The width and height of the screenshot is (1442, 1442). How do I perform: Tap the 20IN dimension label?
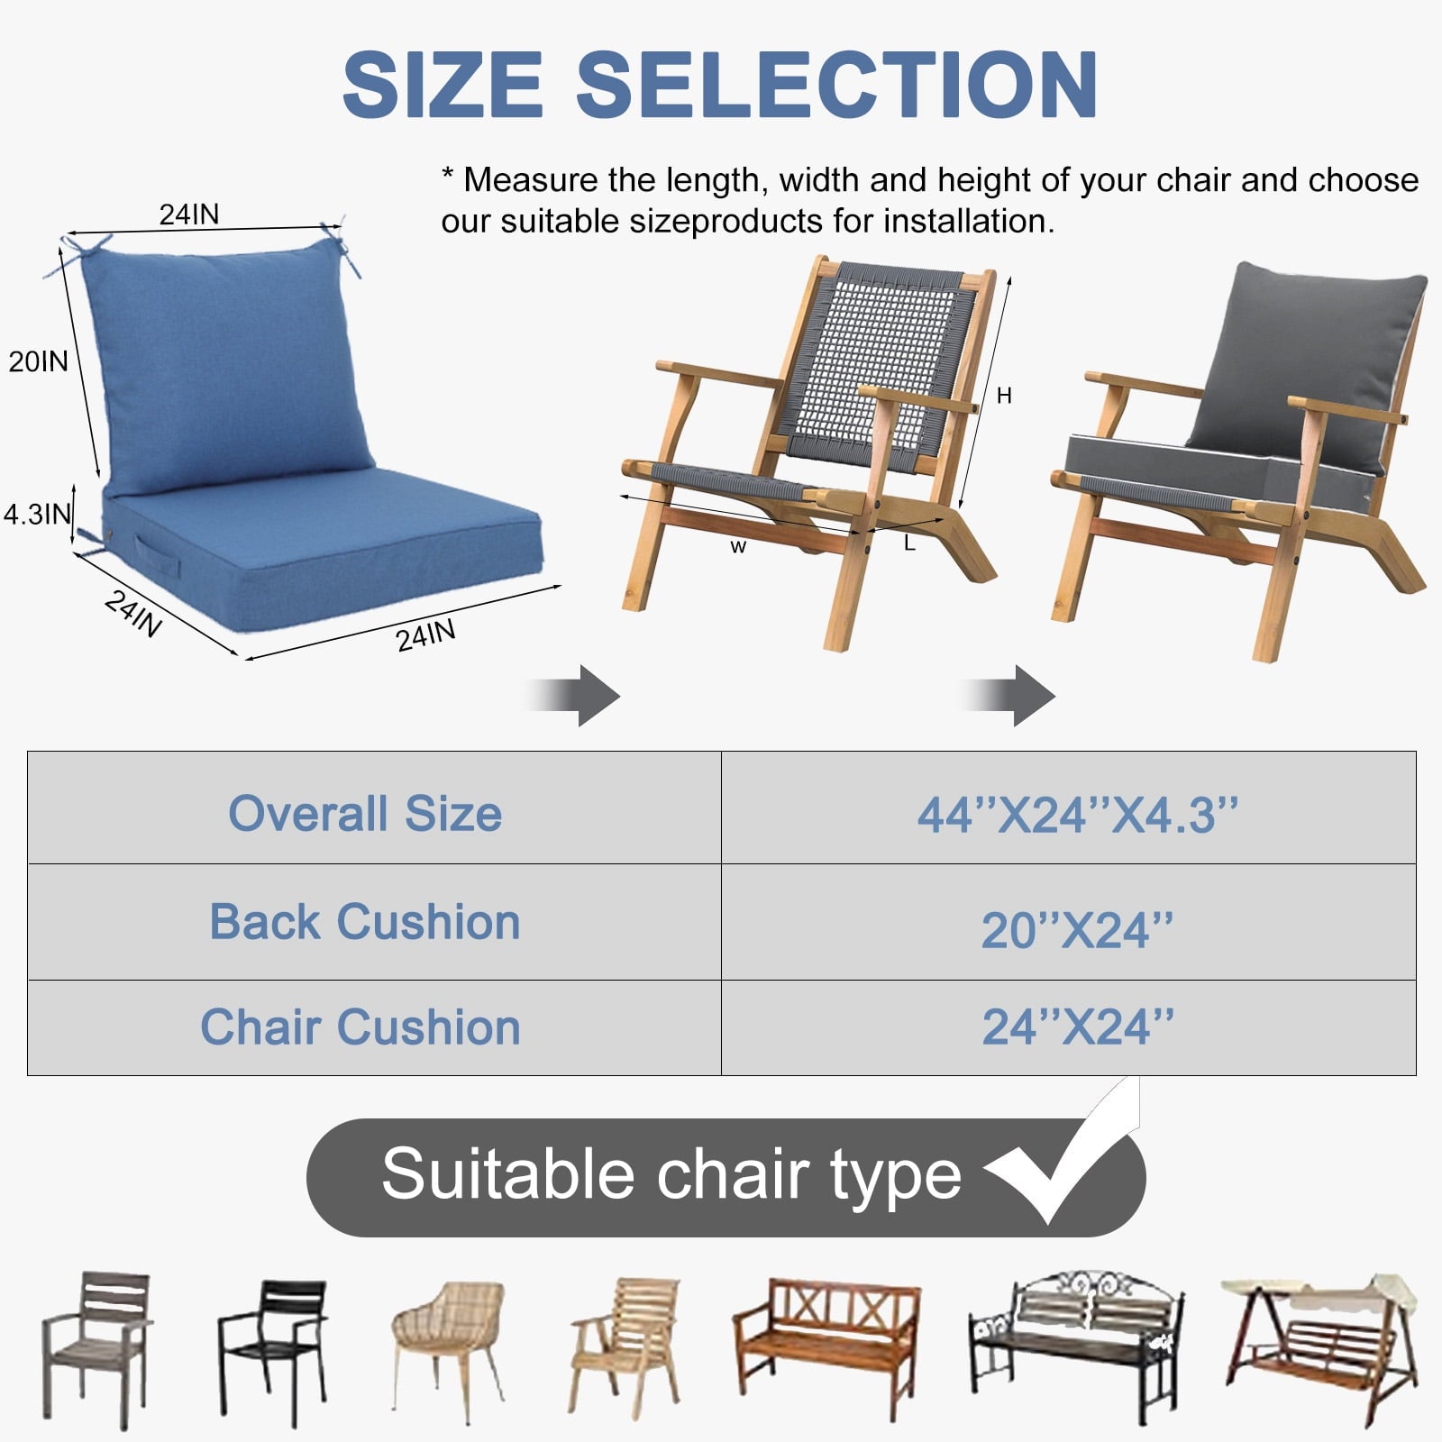[x=39, y=361]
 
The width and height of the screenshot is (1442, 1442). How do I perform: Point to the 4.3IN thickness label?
[x=37, y=514]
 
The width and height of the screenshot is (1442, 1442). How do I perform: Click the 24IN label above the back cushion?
[x=189, y=214]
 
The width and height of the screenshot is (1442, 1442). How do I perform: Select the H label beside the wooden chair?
[x=1004, y=396]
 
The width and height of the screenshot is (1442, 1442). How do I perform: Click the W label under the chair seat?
[x=738, y=547]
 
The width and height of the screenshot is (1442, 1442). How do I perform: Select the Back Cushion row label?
[x=365, y=922]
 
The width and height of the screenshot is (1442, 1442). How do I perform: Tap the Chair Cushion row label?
[x=360, y=1027]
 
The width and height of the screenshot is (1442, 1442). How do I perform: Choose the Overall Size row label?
[x=365, y=813]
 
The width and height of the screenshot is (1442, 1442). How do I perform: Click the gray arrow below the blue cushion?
[x=577, y=696]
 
